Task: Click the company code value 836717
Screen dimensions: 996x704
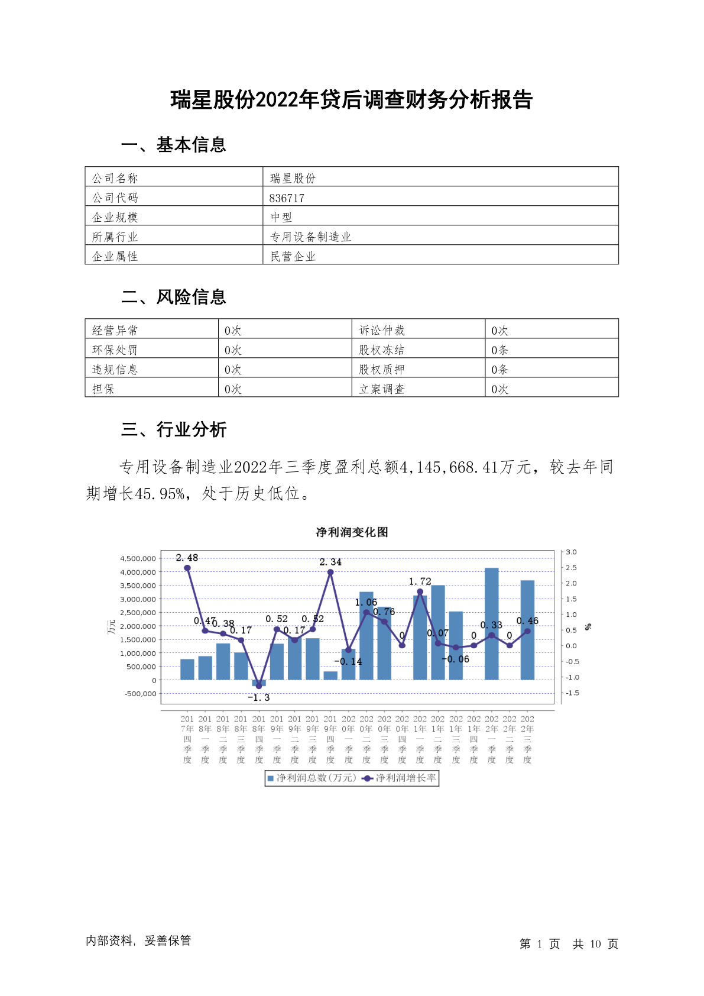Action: click(287, 198)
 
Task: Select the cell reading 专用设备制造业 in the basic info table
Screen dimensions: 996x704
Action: click(310, 237)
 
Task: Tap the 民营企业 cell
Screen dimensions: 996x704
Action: click(293, 257)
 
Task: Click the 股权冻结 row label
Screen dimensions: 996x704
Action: click(381, 350)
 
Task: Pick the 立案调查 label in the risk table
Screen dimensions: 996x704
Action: click(381, 389)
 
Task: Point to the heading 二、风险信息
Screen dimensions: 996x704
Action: click(174, 297)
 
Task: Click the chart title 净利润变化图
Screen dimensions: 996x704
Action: click(352, 532)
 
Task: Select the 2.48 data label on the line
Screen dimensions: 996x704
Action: click(187, 558)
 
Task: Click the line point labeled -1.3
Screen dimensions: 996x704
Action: click(259, 686)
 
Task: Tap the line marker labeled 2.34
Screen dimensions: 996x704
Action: click(330, 572)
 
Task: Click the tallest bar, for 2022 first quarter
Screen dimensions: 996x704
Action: click(491, 623)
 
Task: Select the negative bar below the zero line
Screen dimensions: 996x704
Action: click(259, 683)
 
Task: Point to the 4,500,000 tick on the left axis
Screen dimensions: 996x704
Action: click(138, 558)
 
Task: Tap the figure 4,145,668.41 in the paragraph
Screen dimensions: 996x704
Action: click(449, 467)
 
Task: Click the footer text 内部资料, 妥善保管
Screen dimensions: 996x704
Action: click(138, 940)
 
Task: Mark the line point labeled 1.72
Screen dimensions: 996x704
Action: click(420, 591)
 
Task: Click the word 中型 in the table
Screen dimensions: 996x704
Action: click(281, 218)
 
